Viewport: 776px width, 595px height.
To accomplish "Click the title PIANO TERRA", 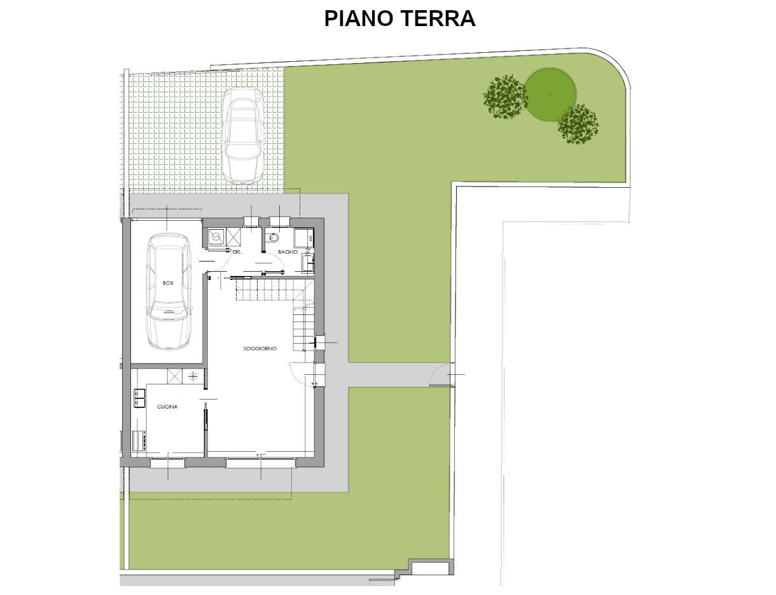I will tap(399, 18).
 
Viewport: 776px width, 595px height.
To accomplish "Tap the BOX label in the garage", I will tap(168, 283).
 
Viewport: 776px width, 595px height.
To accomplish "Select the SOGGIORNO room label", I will tap(260, 348).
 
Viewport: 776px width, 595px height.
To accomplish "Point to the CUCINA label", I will tap(167, 406).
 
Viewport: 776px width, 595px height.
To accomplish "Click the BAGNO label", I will tap(288, 253).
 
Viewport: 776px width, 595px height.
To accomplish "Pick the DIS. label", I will tap(237, 253).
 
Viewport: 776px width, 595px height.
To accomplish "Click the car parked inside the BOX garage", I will tap(168, 291).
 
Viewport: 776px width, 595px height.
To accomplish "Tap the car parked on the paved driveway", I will tap(242, 136).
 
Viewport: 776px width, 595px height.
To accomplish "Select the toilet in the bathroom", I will tap(274, 239).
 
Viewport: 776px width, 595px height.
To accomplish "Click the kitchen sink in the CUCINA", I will tap(138, 398).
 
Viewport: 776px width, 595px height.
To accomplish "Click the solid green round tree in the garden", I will tap(550, 95).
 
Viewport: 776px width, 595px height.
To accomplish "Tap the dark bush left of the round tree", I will tap(505, 97).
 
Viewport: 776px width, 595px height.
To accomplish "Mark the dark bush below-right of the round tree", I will tap(578, 124).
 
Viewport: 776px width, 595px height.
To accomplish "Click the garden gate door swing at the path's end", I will tap(440, 375).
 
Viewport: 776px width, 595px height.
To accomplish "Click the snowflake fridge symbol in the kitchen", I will tap(193, 376).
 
